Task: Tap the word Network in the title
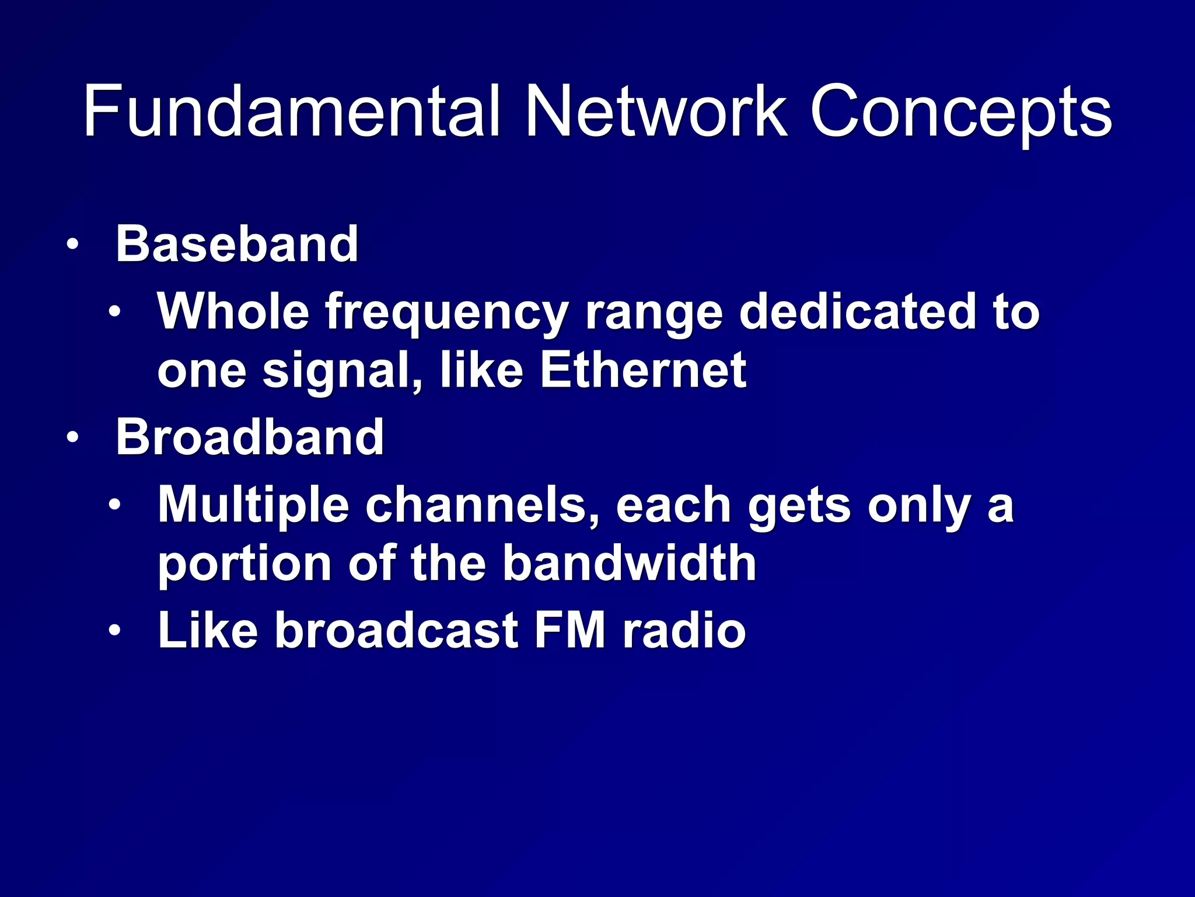point(656,111)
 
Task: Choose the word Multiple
point(254,506)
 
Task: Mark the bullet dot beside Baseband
point(72,244)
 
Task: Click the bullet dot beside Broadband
point(72,437)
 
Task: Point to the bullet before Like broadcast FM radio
point(114,631)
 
